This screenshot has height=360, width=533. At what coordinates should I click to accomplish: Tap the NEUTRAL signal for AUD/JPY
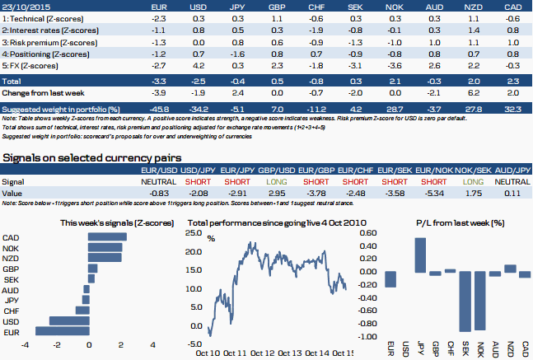(512, 180)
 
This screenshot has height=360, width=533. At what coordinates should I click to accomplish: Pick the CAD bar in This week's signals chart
(106, 236)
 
